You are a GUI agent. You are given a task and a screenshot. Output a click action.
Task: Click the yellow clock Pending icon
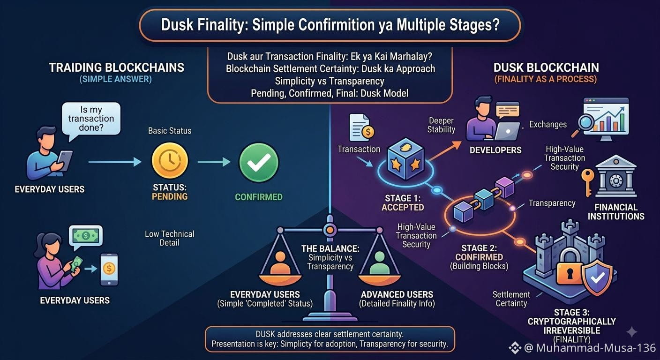pyautogui.click(x=170, y=161)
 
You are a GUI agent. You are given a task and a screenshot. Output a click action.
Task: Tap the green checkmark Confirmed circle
pyautogui.click(x=259, y=163)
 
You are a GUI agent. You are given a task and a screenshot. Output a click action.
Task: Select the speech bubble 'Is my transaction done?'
pyautogui.click(x=91, y=119)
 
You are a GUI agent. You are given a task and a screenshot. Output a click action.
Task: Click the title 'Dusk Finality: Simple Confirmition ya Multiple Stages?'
pyautogui.click(x=330, y=25)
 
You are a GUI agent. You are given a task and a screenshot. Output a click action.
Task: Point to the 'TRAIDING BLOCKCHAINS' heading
pyautogui.click(x=116, y=67)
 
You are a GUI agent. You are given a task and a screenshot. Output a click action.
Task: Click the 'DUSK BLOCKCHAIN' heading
pyautogui.click(x=546, y=67)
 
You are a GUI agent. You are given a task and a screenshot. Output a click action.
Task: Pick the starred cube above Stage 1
pyautogui.click(x=406, y=159)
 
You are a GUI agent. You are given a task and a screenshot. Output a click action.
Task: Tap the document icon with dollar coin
pyautogui.click(x=361, y=128)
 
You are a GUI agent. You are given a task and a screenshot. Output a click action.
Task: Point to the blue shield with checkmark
pyautogui.click(x=597, y=277)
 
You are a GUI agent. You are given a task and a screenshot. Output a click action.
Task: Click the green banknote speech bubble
pyautogui.click(x=86, y=237)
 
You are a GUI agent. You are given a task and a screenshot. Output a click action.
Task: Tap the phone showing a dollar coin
pyautogui.click(x=109, y=269)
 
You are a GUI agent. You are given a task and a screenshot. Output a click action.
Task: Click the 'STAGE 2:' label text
pyautogui.click(x=479, y=248)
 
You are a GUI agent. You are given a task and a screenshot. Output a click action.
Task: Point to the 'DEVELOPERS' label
pyautogui.click(x=495, y=150)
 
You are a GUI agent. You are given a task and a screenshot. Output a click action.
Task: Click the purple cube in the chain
pyautogui.click(x=505, y=187)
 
